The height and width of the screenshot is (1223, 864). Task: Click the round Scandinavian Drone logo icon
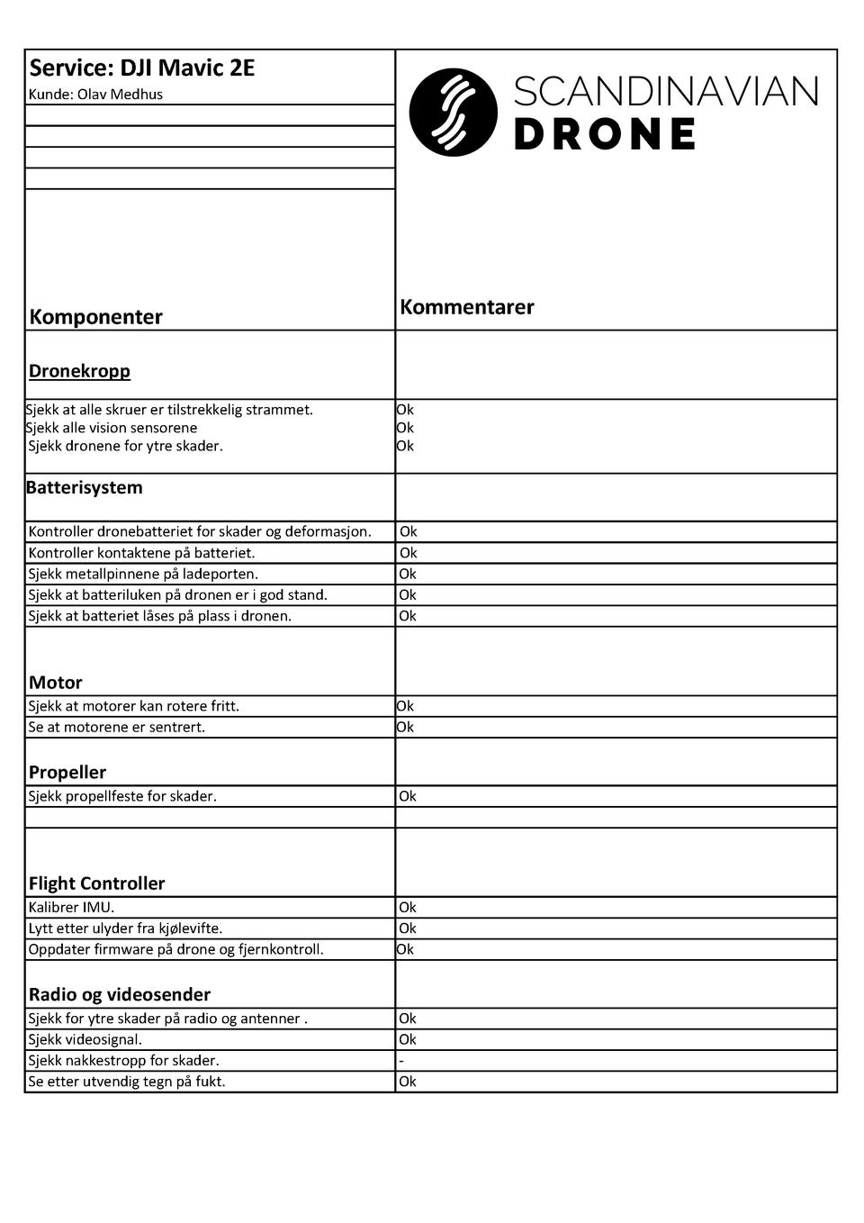(453, 113)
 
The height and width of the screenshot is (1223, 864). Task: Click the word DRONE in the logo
(605, 135)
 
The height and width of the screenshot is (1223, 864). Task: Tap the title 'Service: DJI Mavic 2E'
(142, 68)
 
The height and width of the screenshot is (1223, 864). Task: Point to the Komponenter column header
(95, 317)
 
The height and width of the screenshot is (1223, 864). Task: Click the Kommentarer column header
(467, 307)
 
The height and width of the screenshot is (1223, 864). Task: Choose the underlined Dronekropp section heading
(79, 371)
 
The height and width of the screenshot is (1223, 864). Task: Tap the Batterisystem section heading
(84, 488)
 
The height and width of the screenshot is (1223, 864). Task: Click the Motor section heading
(56, 683)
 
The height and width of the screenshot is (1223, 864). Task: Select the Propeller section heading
(67, 773)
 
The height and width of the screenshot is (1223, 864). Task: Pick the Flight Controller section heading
(97, 883)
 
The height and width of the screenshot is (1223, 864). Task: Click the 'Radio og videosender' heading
(120, 995)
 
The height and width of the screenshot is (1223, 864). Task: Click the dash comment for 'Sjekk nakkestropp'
(401, 1061)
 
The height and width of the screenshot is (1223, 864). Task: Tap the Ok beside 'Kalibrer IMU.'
(408, 908)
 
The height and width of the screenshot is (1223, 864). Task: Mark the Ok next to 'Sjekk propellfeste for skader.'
(408, 796)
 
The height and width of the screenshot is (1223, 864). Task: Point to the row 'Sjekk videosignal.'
(85, 1040)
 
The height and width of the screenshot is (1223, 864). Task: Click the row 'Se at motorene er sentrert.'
(116, 728)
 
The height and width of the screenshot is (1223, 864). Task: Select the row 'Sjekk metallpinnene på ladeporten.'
(143, 575)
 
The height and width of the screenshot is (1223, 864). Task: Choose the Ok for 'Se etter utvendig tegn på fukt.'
(408, 1082)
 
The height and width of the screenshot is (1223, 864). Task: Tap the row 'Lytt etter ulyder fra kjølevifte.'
(125, 929)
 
